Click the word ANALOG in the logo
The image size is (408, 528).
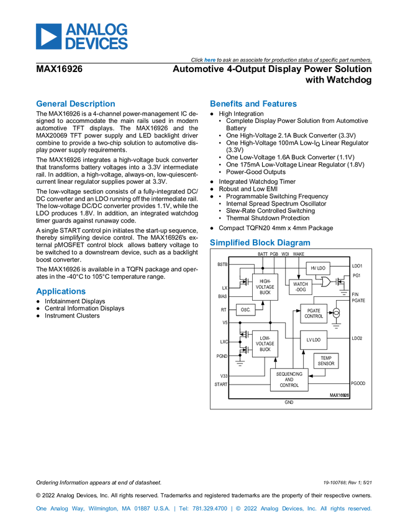96,29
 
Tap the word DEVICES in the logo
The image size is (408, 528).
96,44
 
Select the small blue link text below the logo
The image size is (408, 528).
209,60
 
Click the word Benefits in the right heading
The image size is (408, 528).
226,104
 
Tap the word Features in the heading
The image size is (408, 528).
280,104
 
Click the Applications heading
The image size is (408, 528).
60,292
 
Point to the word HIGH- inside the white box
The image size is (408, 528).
265,281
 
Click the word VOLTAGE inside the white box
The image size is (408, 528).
265,287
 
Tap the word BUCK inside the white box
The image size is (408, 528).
265,293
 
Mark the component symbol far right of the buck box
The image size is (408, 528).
343,281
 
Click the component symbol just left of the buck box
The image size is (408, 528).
240,281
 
